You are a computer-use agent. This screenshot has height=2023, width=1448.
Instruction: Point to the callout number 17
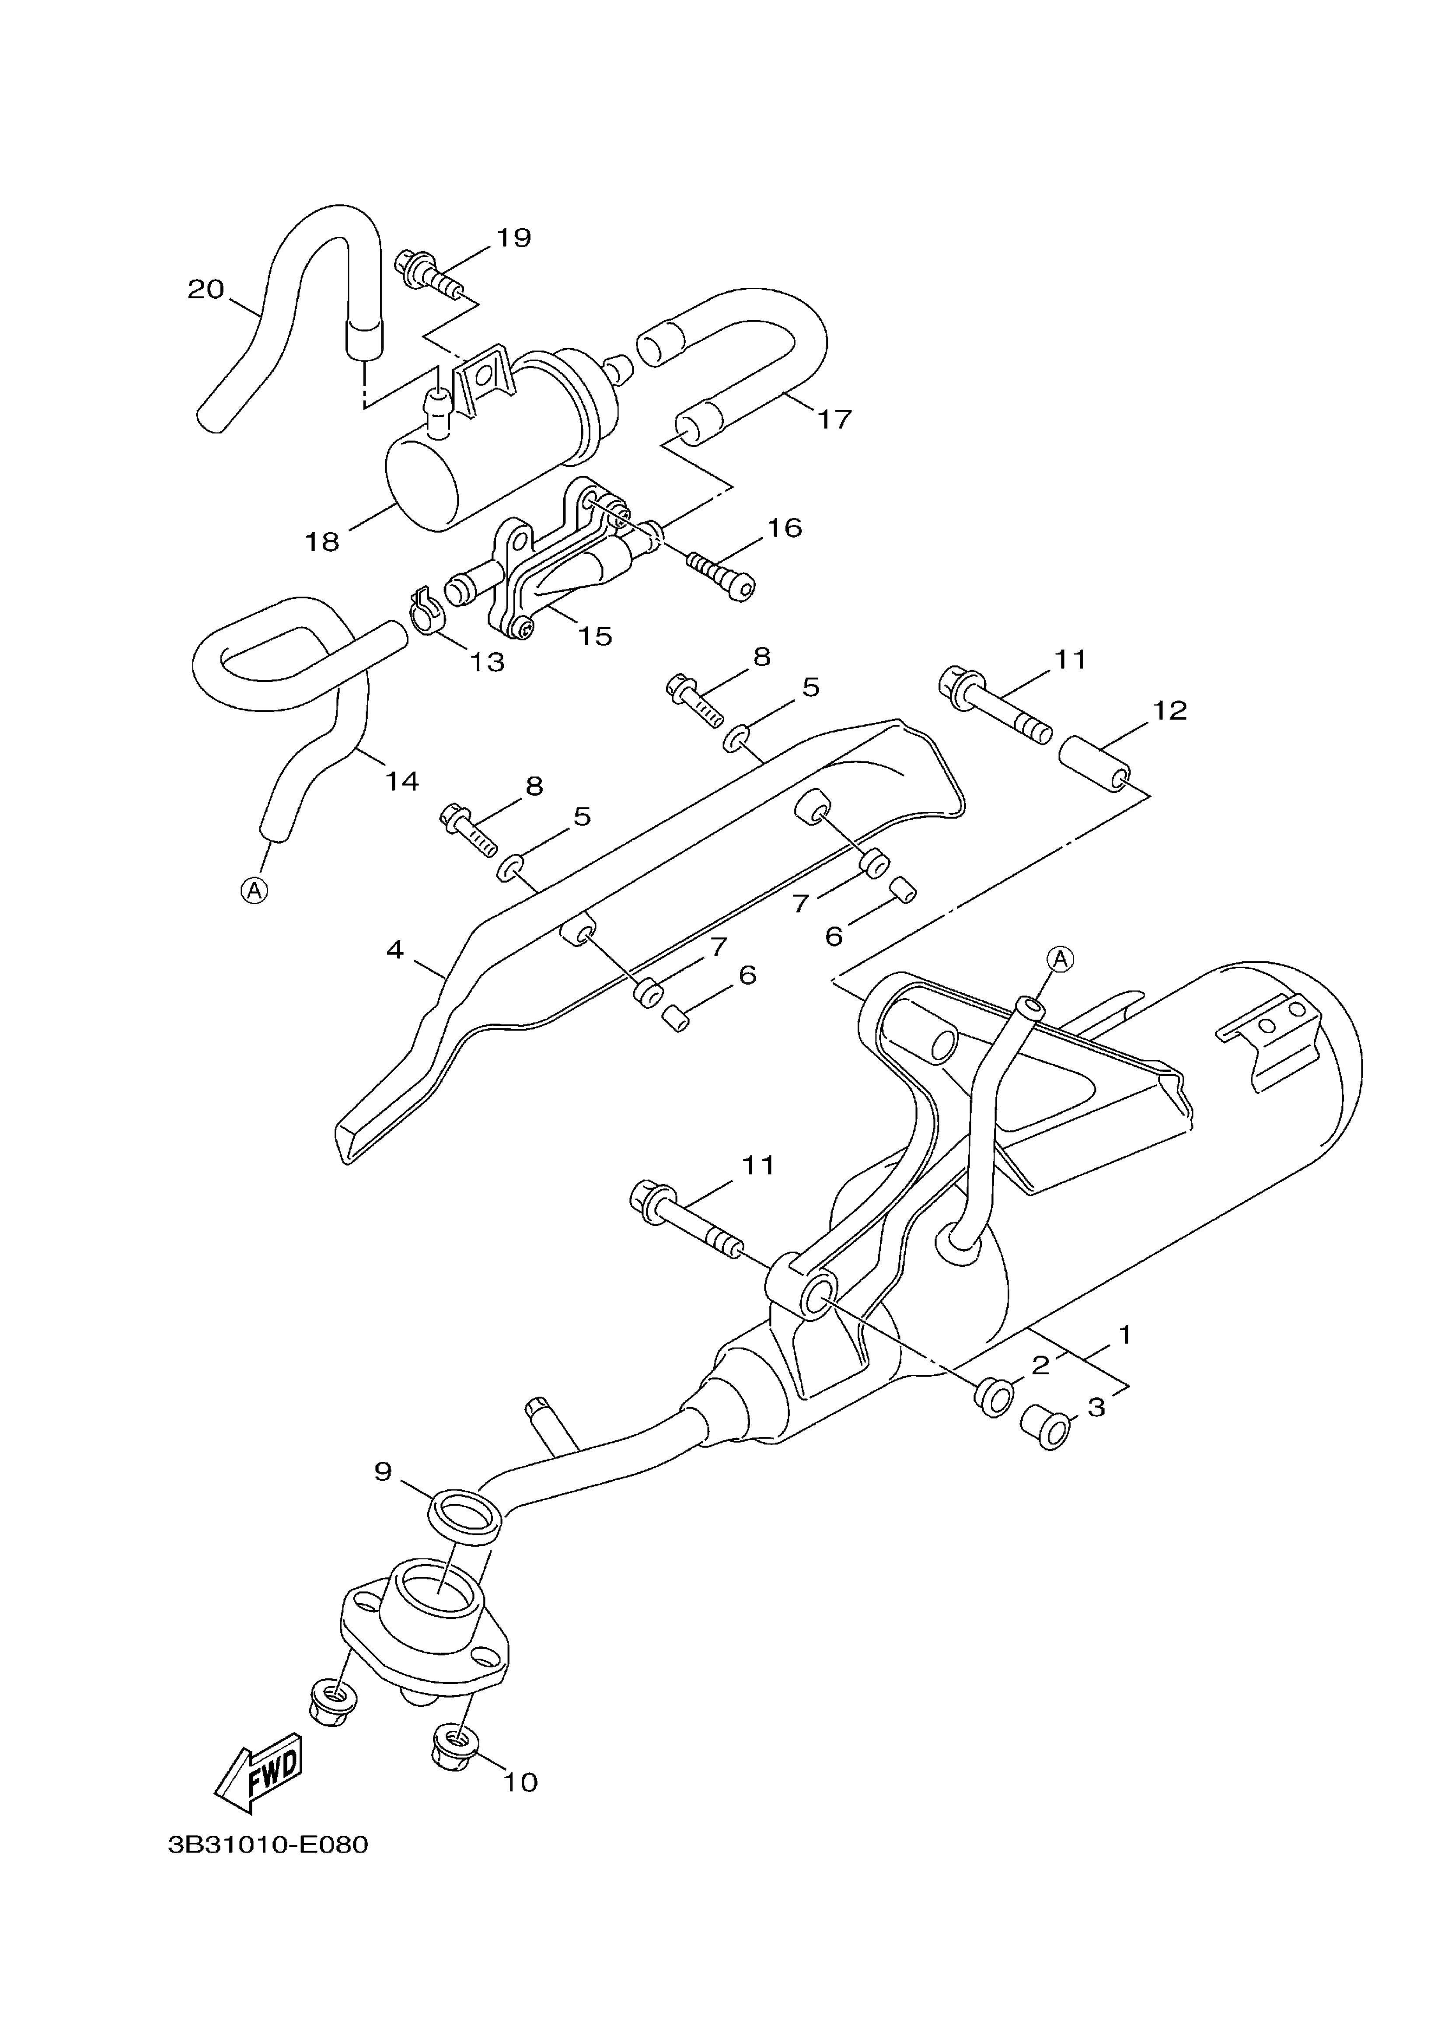[834, 419]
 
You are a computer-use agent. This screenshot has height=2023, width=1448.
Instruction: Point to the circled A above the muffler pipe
[1059, 958]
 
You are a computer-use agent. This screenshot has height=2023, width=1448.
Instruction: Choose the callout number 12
[1170, 711]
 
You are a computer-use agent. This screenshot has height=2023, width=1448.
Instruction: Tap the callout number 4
[395, 950]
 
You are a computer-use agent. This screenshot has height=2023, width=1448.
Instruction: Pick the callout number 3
[1096, 1407]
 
